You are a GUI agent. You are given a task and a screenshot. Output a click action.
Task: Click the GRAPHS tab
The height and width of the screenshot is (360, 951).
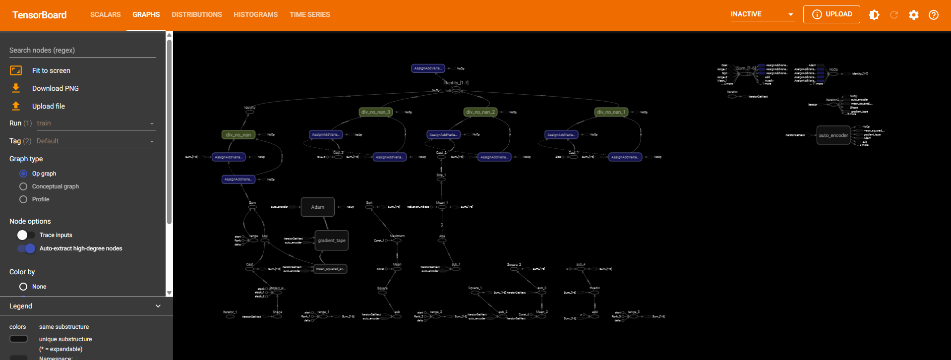146,14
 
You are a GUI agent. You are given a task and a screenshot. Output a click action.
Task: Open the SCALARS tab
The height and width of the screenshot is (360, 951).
105,14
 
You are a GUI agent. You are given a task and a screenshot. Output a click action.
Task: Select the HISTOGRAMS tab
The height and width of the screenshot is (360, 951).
255,14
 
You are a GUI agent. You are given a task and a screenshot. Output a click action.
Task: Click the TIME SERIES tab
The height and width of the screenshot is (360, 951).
309,14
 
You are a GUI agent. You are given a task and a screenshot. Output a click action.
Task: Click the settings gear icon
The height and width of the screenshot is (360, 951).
913,15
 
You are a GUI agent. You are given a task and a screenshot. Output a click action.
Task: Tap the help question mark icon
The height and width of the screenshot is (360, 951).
933,15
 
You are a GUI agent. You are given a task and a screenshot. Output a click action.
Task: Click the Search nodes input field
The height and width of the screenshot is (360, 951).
82,50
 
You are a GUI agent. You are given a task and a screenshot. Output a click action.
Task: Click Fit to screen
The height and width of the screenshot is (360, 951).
51,70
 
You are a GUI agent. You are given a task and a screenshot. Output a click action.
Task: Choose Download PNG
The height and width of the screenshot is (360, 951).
55,88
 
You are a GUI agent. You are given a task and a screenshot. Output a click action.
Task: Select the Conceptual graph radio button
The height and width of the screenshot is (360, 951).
23,186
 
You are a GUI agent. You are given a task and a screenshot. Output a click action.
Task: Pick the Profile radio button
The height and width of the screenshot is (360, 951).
23,199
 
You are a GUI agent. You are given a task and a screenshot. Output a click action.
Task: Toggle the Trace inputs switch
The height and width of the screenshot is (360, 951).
26,235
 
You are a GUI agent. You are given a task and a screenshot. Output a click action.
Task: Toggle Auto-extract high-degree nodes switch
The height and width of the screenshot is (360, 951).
26,248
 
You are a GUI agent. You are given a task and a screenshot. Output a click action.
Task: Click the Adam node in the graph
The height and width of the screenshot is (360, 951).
317,207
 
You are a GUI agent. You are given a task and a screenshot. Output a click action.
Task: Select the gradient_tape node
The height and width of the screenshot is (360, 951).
331,240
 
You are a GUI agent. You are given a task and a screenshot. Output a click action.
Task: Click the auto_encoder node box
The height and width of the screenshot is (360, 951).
833,135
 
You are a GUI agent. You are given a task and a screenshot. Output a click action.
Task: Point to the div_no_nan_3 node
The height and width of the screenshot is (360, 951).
375,112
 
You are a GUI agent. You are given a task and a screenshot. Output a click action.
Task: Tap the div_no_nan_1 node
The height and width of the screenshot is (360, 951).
611,112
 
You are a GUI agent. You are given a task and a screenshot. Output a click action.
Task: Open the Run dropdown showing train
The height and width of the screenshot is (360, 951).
94,123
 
